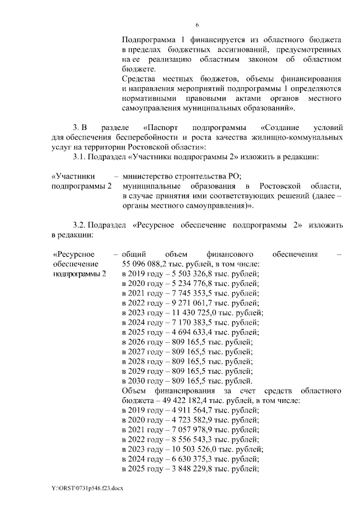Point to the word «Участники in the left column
73,176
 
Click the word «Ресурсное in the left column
73,254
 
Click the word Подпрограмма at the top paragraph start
147,40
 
